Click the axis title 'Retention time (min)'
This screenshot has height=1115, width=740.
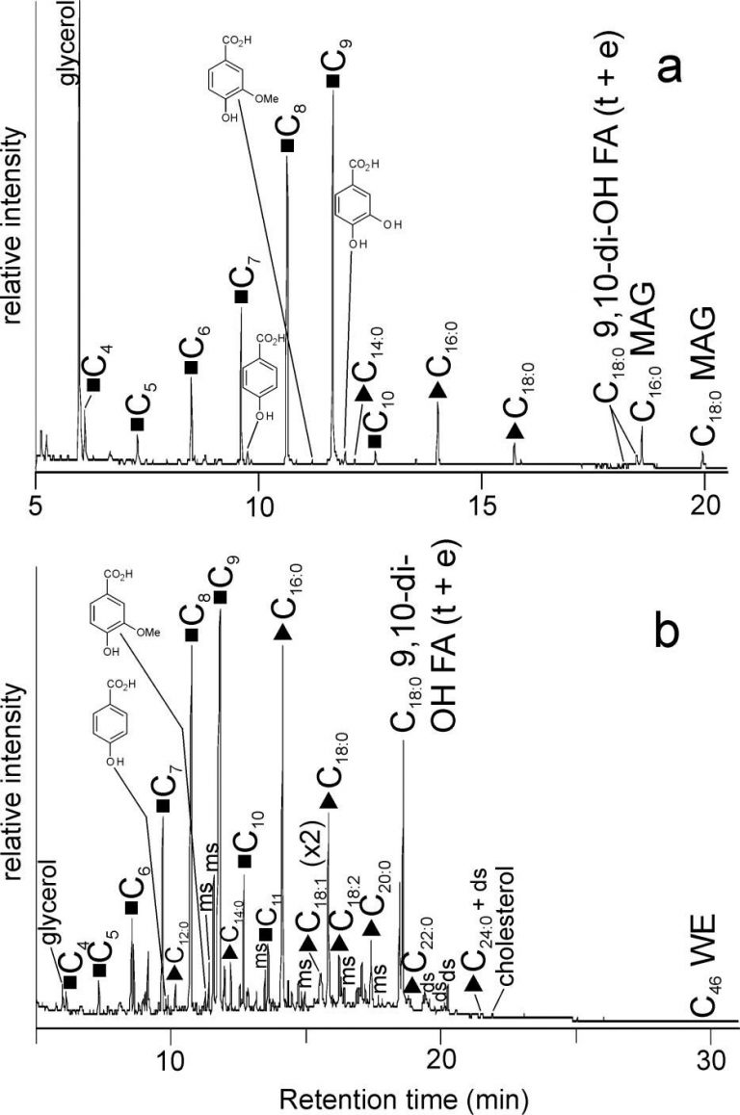point(390,1096)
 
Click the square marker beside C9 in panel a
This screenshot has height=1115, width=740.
point(332,82)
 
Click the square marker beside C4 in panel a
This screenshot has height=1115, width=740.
point(93,385)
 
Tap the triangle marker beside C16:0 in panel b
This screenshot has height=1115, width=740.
point(282,632)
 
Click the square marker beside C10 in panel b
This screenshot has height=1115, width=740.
point(245,860)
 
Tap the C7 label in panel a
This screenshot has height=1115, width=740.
point(242,284)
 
